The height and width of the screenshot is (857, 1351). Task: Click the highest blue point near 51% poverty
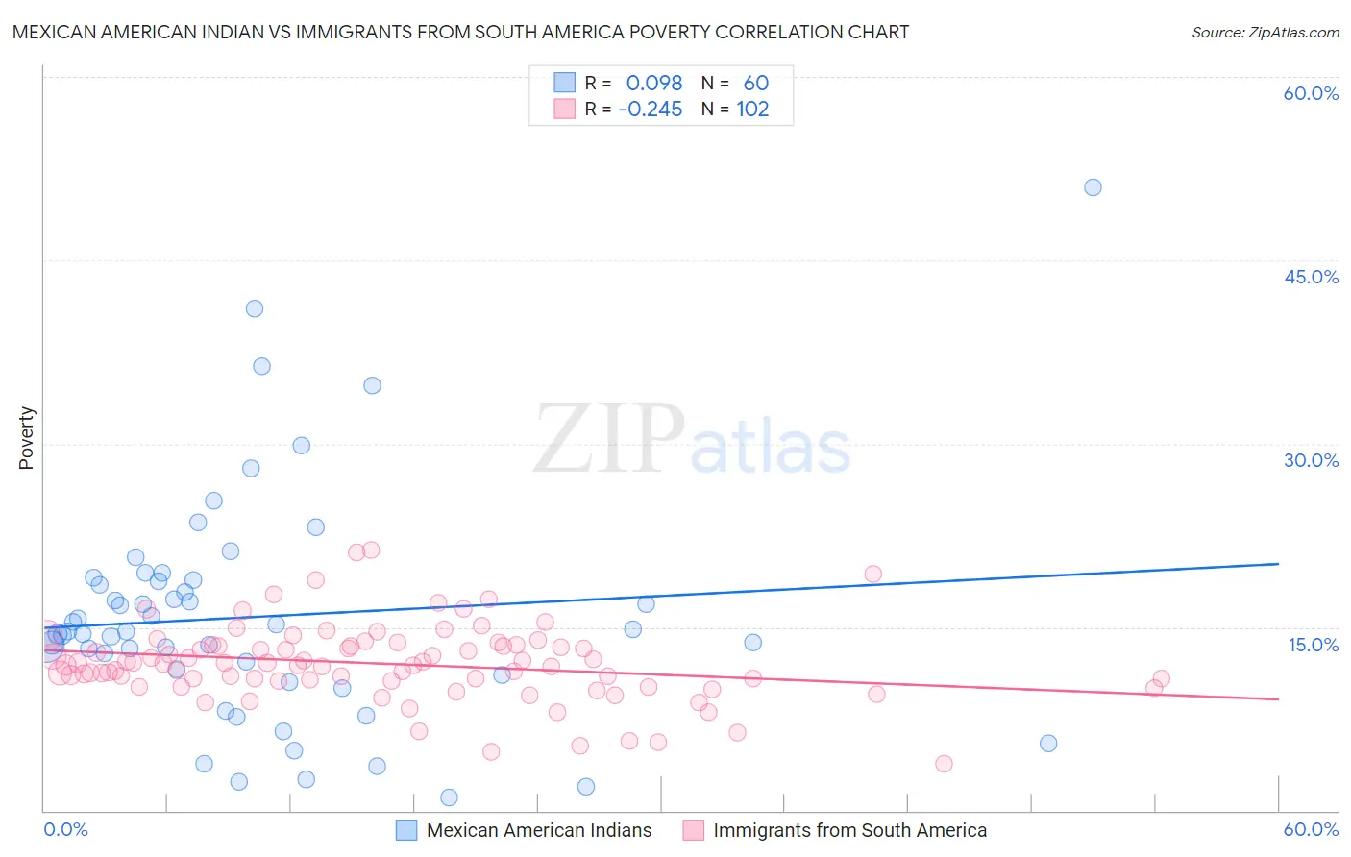point(1093,187)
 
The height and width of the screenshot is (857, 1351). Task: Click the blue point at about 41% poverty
point(255,308)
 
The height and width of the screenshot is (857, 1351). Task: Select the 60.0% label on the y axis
point(1311,93)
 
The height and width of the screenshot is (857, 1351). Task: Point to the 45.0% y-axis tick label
point(1311,277)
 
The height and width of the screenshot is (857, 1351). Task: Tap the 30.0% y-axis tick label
point(1311,460)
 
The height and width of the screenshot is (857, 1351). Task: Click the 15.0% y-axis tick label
point(1313,645)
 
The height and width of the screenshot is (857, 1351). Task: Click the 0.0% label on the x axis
point(66,829)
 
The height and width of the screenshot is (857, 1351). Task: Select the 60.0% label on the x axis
point(1311,829)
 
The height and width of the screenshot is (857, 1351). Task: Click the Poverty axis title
point(27,438)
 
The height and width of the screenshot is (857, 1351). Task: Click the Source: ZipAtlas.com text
point(1265,32)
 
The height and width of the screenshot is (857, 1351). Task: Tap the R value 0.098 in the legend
point(653,83)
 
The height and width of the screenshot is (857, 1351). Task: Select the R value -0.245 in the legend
point(650,110)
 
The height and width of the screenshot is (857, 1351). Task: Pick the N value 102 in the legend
point(752,110)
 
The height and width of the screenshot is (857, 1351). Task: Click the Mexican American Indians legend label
point(539,830)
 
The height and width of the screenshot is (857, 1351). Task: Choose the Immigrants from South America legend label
point(849,830)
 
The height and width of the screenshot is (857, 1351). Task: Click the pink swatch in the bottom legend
point(694,830)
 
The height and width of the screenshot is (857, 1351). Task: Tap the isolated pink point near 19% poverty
point(872,574)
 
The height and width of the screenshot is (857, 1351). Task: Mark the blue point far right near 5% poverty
point(1048,743)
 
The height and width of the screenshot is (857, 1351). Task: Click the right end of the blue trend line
point(1278,564)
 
